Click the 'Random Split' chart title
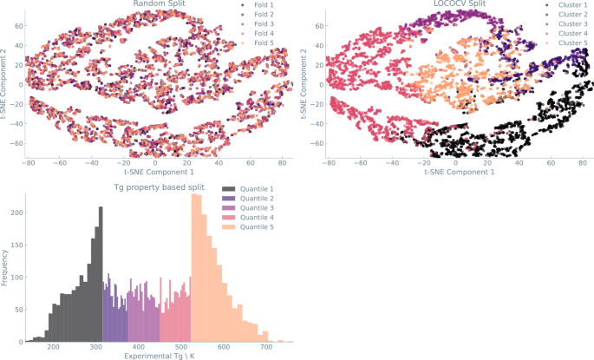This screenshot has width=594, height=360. coord(157,4)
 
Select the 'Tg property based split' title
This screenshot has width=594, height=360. coord(158,187)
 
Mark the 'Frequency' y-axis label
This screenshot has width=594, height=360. coord(5,267)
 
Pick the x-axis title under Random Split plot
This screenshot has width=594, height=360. coord(157,172)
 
